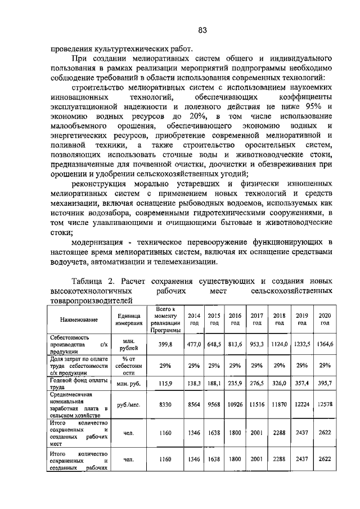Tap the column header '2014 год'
pos(193,319)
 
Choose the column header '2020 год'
pos(325,319)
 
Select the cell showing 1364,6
pos(325,344)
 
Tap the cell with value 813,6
pos(235,344)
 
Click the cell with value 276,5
pos(256,384)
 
